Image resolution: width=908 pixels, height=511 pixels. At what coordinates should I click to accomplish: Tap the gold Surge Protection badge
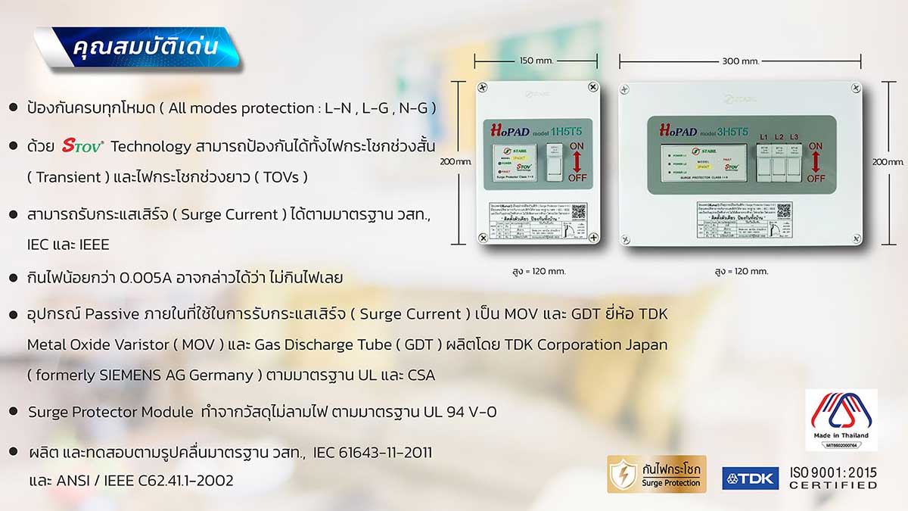656,474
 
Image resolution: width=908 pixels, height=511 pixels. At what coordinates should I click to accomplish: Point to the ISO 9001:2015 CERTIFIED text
833,478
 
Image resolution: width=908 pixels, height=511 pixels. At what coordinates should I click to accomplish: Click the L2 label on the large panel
779,137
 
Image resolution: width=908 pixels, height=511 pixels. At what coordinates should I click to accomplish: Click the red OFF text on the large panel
816,178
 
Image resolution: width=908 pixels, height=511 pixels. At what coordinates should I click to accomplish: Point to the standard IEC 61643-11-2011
373,453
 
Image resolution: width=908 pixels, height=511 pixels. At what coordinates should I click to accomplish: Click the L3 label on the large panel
793,137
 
